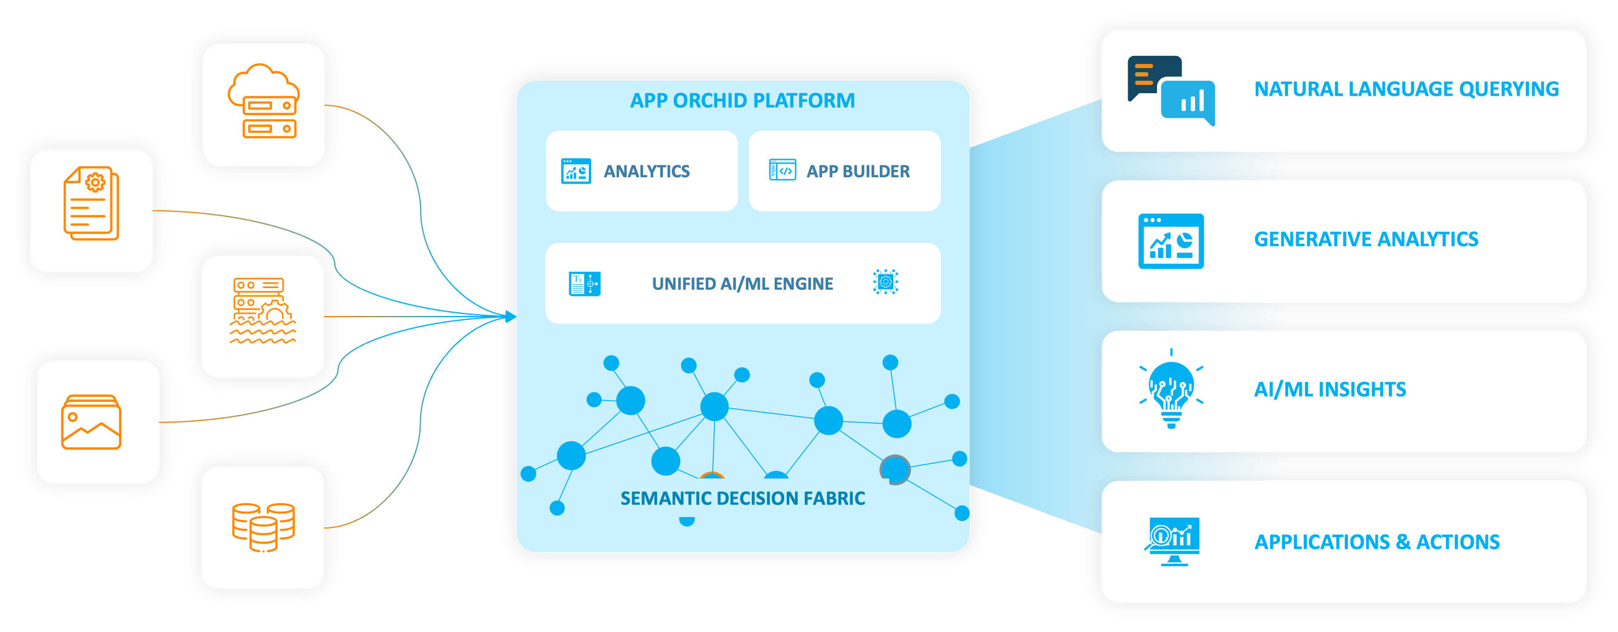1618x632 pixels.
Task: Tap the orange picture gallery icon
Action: point(91,422)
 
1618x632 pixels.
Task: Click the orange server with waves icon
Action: point(263,311)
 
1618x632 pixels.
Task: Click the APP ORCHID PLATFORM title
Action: point(742,100)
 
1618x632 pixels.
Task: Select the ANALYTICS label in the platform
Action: point(647,171)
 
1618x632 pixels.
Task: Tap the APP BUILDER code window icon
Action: point(783,170)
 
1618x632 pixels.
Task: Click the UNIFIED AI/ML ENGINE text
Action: point(742,284)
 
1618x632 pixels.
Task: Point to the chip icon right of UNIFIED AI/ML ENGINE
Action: point(885,282)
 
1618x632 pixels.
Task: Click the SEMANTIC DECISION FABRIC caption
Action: point(742,498)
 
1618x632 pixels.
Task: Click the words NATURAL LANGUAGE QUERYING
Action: point(1406,89)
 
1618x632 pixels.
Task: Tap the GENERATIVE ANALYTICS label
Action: point(1365,239)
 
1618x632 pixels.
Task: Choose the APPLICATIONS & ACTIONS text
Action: point(1377,542)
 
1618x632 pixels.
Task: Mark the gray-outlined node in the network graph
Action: point(895,470)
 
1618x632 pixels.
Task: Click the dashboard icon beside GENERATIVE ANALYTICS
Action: point(1171,241)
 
